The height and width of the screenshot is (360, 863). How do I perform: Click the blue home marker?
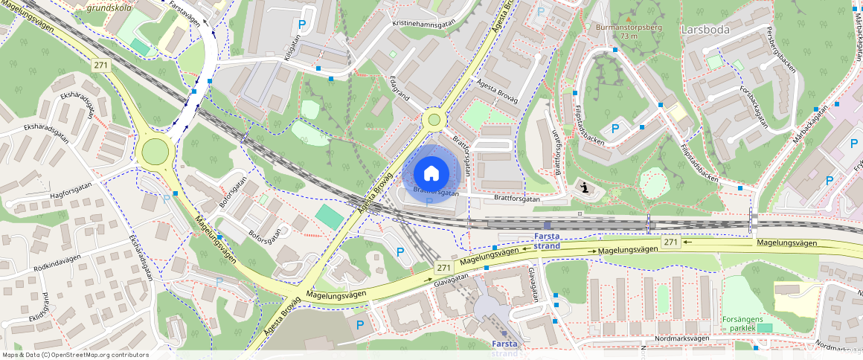click(x=431, y=173)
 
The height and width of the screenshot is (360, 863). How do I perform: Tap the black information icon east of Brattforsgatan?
click(x=586, y=187)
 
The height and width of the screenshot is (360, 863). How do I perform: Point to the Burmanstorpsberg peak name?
click(x=629, y=28)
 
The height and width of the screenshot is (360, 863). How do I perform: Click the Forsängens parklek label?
click(x=738, y=324)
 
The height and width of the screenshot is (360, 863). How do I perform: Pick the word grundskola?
click(x=109, y=8)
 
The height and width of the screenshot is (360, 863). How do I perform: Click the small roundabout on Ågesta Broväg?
click(x=434, y=119)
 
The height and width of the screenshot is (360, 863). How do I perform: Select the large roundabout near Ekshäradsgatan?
click(x=155, y=152)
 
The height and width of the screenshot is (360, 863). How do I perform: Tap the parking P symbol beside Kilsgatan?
click(x=301, y=25)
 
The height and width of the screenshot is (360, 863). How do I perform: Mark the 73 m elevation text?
click(x=629, y=36)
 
